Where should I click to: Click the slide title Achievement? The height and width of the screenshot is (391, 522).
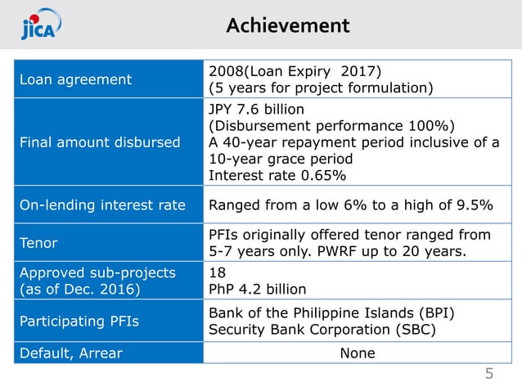click(x=287, y=25)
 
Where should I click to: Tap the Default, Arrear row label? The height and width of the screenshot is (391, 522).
click(x=72, y=353)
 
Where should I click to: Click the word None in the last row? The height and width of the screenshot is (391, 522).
click(x=357, y=353)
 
